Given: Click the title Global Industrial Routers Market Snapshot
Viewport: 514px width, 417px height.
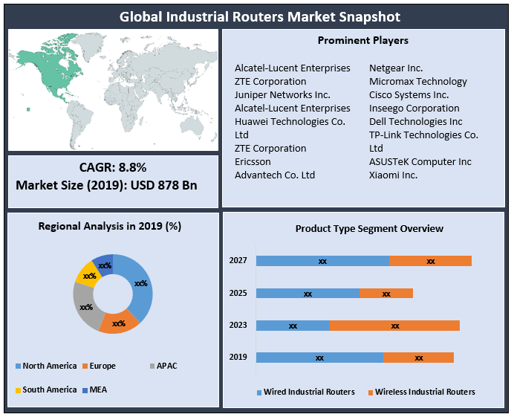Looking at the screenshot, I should [256, 16].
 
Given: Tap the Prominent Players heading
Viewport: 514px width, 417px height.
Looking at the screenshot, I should [362, 40].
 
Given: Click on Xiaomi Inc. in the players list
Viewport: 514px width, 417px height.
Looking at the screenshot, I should [393, 175].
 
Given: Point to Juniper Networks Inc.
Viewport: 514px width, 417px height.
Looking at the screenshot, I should [282, 94].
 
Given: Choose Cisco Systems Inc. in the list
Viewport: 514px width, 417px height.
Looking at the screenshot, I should [409, 94].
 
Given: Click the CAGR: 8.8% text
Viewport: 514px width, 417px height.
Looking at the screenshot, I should [113, 167].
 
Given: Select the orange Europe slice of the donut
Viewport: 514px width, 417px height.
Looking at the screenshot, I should [118, 323].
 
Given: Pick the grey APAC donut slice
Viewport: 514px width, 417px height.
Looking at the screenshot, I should [85, 306].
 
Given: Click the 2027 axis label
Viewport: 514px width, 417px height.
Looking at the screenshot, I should [238, 260].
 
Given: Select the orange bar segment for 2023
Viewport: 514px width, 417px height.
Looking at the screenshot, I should [394, 326].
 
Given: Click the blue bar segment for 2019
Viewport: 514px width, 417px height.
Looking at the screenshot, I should [319, 358].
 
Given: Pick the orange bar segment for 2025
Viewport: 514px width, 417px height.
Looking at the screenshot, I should [385, 294].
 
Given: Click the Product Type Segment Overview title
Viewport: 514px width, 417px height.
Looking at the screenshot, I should [368, 229].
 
